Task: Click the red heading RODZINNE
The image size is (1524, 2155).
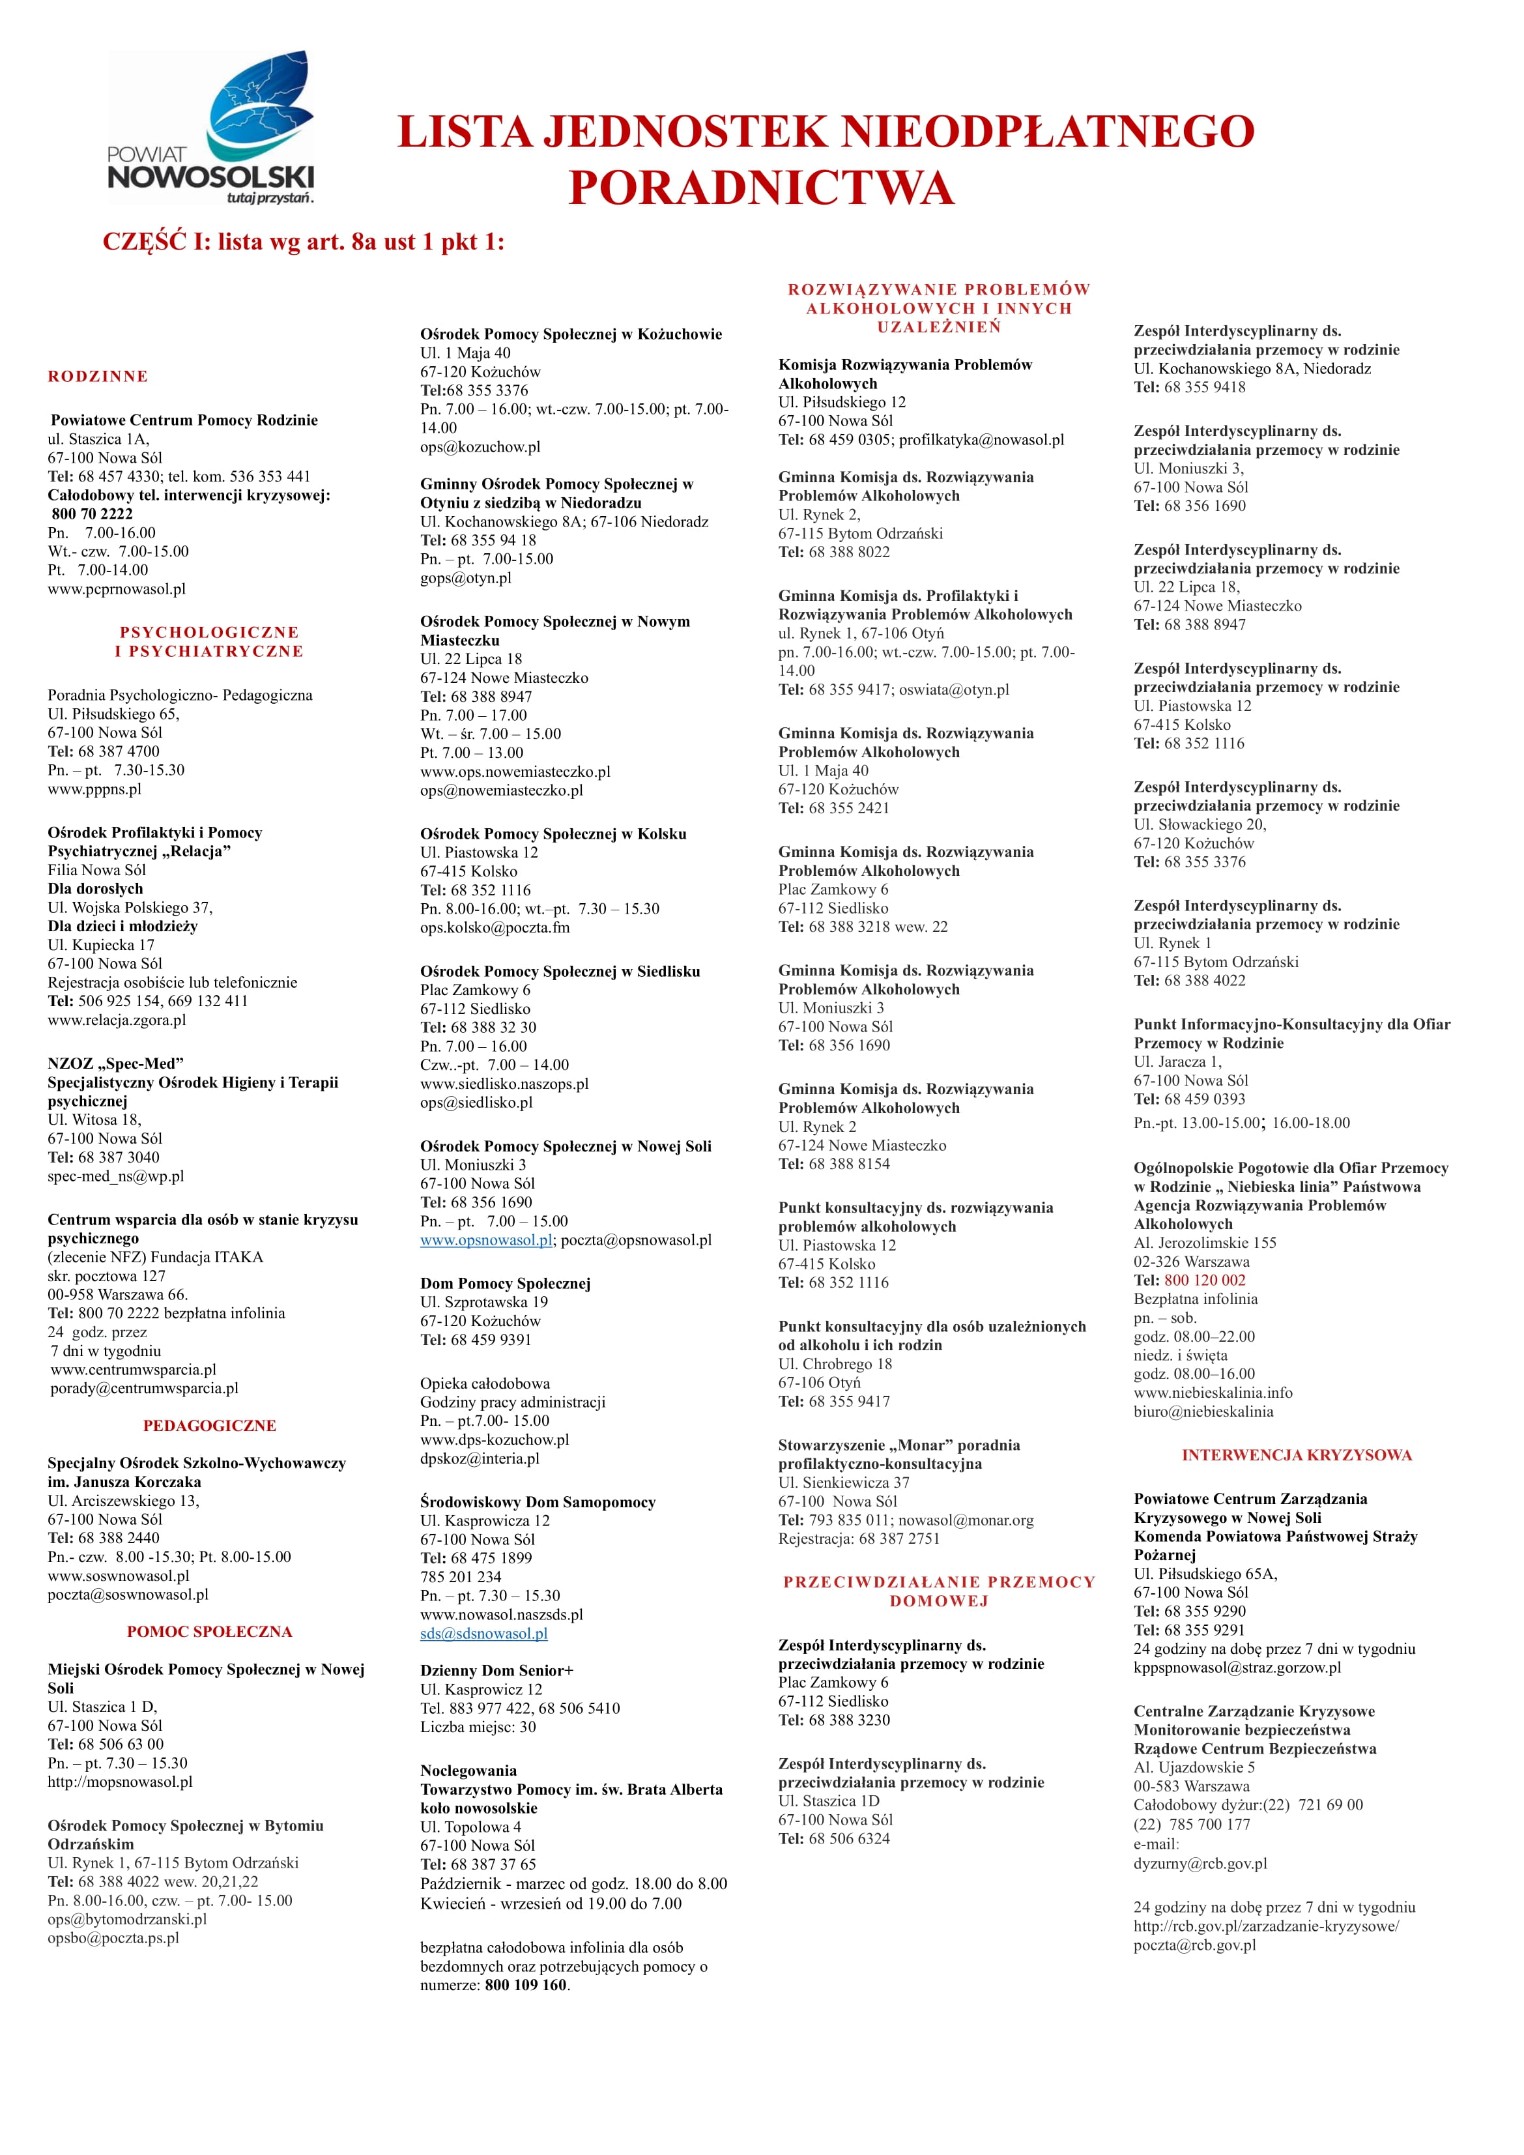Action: click(x=98, y=377)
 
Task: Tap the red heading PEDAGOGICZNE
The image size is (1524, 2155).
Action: click(x=209, y=1426)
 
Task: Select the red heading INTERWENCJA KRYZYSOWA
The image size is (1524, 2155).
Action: click(x=1296, y=1455)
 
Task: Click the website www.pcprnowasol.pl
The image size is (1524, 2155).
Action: click(x=117, y=588)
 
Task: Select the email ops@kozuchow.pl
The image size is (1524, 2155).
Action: click(x=480, y=447)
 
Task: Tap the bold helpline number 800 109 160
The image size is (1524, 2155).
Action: click(x=526, y=1985)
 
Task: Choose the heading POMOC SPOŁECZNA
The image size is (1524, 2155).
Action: click(x=209, y=1631)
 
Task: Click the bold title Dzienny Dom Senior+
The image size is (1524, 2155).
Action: click(x=496, y=1671)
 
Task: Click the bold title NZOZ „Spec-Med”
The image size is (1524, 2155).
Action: click(x=115, y=1063)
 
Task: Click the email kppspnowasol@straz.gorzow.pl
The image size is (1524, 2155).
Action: click(x=1237, y=1667)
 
